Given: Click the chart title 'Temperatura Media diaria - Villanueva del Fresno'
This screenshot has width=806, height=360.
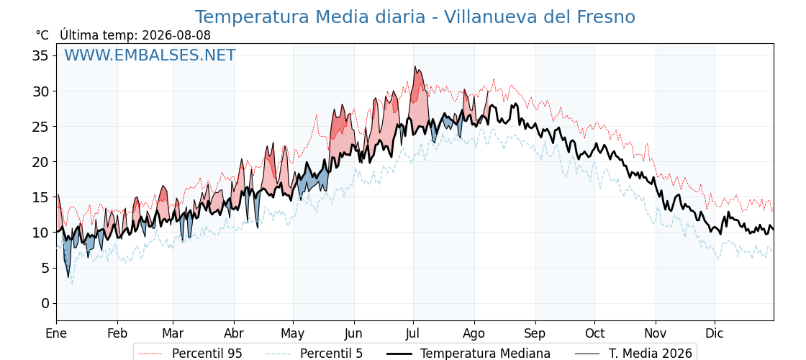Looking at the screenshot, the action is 415,17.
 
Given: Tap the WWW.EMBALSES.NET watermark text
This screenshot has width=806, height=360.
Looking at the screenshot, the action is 150,55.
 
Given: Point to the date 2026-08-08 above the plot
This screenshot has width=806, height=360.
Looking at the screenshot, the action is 176,35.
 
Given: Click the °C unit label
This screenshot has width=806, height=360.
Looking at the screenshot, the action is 42,35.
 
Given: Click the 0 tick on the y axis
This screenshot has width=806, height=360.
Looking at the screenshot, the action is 46,303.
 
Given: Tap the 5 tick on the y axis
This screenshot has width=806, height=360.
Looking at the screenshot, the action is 46,268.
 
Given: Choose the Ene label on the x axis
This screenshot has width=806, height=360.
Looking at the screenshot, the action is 56,333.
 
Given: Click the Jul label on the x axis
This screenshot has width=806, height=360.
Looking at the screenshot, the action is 413,333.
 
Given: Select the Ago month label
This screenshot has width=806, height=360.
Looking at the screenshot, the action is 474,334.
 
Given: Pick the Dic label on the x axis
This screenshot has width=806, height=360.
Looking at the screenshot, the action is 715,333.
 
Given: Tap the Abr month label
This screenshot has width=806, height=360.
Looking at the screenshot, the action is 234,333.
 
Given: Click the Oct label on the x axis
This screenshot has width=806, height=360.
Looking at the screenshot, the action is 594,333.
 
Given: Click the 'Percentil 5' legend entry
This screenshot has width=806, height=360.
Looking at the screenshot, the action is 315,354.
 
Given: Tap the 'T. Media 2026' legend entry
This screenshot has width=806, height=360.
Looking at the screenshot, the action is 633,354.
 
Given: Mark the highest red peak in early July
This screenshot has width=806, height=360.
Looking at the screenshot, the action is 415,66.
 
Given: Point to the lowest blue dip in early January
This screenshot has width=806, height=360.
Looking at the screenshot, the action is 68,277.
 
